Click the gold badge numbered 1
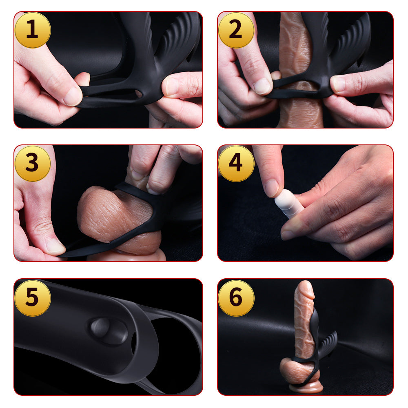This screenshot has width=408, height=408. (33, 30)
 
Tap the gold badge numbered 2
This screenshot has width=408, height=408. (236, 30)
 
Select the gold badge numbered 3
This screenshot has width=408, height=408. (33, 164)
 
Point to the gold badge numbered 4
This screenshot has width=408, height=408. (236, 164)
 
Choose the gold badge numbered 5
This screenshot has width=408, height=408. (33, 298)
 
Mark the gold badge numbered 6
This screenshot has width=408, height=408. (236, 298)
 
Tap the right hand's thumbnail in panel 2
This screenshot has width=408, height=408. (338, 84)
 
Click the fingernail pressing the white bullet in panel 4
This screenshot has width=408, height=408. (272, 188)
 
